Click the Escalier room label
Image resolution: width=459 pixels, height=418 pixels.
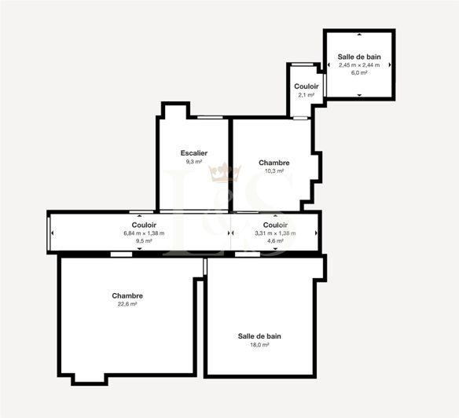193,152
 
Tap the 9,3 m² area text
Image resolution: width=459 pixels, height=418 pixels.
193,161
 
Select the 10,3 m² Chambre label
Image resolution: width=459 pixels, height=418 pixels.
274,163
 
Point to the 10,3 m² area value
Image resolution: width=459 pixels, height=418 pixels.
274,170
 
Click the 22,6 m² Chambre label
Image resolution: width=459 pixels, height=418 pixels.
127,295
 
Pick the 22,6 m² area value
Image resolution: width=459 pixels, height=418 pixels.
127,303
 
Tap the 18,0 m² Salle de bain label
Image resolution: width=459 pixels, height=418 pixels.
259,335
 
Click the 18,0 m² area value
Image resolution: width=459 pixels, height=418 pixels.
259,344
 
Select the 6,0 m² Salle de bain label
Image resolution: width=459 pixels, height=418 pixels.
359,57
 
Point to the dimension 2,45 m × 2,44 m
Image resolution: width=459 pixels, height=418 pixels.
359,64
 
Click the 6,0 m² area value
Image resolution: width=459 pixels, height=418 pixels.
359,72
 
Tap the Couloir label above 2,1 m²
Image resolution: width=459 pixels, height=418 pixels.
307,86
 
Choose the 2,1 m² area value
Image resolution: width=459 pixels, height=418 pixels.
307,94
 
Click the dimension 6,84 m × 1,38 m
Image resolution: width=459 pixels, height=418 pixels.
140,233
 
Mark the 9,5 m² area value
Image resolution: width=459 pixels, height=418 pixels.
140,241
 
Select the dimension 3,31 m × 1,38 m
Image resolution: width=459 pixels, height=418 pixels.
275,233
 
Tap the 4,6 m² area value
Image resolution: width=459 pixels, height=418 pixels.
275,241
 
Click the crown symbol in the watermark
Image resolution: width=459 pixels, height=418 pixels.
229,170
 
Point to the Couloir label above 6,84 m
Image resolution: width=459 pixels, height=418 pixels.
140,225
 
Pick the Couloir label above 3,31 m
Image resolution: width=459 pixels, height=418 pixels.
275,225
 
